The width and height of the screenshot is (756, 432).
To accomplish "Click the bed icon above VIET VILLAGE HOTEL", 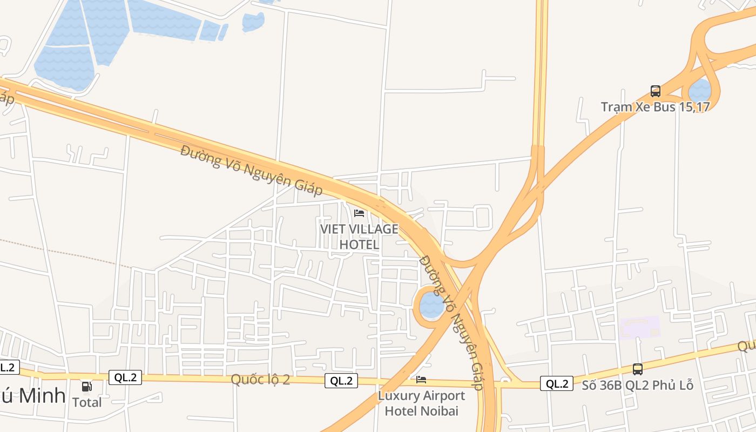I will [359, 213].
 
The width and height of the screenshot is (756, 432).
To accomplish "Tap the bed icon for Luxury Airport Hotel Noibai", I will [421, 380].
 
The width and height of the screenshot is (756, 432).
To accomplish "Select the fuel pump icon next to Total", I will [86, 386].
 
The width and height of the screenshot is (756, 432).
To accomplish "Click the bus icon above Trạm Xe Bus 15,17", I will [655, 91].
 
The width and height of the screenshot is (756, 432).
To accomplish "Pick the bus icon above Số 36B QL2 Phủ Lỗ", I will [638, 369].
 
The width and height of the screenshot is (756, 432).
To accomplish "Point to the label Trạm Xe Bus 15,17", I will [655, 106].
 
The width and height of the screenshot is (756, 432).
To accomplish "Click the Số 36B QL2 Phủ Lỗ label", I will [637, 386].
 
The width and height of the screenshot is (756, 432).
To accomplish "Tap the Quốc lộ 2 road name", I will [260, 380].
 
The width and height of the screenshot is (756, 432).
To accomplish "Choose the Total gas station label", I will [87, 402].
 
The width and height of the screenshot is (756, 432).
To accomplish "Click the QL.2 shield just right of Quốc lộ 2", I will [342, 381].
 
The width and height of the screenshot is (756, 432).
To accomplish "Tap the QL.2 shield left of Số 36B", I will [557, 384].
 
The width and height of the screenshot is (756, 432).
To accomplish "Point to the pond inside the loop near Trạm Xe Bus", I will [700, 90].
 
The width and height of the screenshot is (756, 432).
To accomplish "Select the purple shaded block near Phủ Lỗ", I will [640, 327].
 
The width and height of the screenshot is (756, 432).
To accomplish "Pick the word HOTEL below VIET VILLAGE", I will [359, 245].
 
